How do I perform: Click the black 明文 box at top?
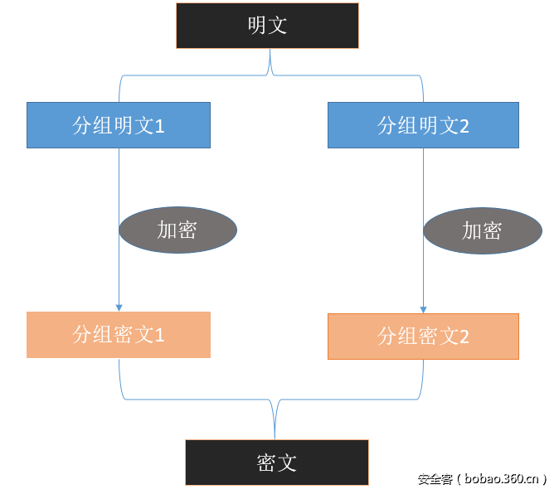tap(267, 26)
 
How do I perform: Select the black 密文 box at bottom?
tap(277, 462)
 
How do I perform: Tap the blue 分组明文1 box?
tap(119, 125)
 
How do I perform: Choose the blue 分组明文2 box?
tap(423, 125)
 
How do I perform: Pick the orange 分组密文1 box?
tap(119, 335)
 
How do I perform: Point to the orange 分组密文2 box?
tap(423, 336)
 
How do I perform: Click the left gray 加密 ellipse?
tap(177, 230)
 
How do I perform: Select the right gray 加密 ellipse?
tap(482, 230)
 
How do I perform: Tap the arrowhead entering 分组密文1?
tap(119, 308)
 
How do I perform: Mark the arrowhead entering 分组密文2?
tap(424, 309)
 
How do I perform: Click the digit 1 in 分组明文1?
tap(160, 126)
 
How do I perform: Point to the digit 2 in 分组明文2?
tap(464, 126)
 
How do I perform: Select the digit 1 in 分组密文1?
tap(160, 336)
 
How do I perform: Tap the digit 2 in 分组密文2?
tap(464, 337)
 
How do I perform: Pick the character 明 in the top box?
tap(257, 26)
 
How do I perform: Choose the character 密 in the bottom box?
tap(266, 463)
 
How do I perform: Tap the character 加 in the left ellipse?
tap(167, 230)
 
